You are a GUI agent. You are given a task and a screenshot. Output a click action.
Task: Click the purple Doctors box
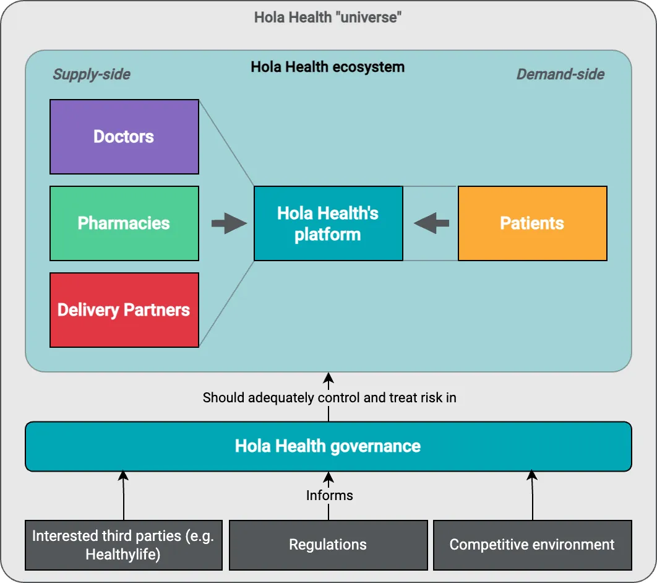124,137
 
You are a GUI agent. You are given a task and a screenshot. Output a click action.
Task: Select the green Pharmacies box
124,223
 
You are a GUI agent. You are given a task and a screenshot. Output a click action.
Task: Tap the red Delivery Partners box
124,310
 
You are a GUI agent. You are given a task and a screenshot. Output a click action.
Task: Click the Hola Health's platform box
328,223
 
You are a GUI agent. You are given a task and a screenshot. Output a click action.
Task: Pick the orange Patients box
532,223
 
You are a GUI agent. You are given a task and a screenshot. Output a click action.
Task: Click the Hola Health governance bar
328,446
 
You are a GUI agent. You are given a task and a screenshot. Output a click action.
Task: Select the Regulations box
328,545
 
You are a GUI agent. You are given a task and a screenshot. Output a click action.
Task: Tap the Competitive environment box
532,545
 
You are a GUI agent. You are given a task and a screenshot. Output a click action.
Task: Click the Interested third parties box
123,545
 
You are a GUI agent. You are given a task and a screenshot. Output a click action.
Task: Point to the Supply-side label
92,74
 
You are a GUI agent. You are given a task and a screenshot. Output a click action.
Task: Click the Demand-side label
560,74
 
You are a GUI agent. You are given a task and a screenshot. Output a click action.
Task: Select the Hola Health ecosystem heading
328,67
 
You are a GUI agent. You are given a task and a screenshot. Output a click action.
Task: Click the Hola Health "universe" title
328,17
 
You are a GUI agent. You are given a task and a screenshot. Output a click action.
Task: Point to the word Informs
329,495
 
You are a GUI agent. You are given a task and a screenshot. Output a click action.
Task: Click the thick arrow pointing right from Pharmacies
228,223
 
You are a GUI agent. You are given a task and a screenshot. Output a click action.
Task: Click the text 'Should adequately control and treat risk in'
329,397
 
